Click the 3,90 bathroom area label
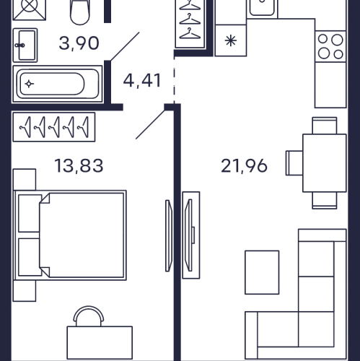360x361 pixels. click(79, 43)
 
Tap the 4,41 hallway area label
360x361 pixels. click(142, 81)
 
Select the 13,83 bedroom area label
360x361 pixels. click(79, 166)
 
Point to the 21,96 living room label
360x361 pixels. click(244, 166)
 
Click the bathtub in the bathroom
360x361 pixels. click(58, 84)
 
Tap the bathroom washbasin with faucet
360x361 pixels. click(25, 45)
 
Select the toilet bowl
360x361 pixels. click(80, 12)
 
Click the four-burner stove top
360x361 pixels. click(330, 46)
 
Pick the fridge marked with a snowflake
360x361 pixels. click(231, 40)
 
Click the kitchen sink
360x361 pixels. click(262, 8)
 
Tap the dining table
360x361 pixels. click(325, 163)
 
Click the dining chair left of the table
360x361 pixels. click(294, 163)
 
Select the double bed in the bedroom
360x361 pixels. click(70, 235)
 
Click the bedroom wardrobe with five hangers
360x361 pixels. click(54, 127)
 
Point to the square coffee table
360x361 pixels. click(262, 272)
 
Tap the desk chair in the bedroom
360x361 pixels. click(89, 316)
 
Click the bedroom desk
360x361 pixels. click(100, 343)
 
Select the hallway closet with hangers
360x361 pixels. click(190, 24)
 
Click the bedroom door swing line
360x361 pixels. click(150, 124)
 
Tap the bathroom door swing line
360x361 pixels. click(125, 46)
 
